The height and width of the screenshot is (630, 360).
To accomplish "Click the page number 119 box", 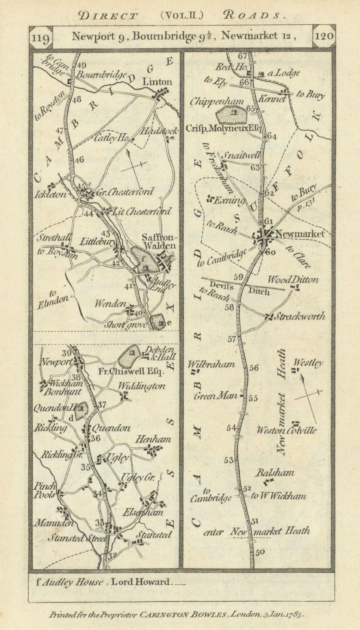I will pyautogui.click(x=41, y=37).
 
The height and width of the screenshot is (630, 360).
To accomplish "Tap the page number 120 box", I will pyautogui.click(x=324, y=37).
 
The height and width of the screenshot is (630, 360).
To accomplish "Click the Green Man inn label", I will pyautogui.click(x=215, y=396).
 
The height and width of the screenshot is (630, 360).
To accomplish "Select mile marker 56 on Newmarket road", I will pyautogui.click(x=254, y=367).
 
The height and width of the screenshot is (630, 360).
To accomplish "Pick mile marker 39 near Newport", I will pyautogui.click(x=66, y=353).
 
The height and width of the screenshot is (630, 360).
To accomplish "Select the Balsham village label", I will pyautogui.click(x=275, y=472).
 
